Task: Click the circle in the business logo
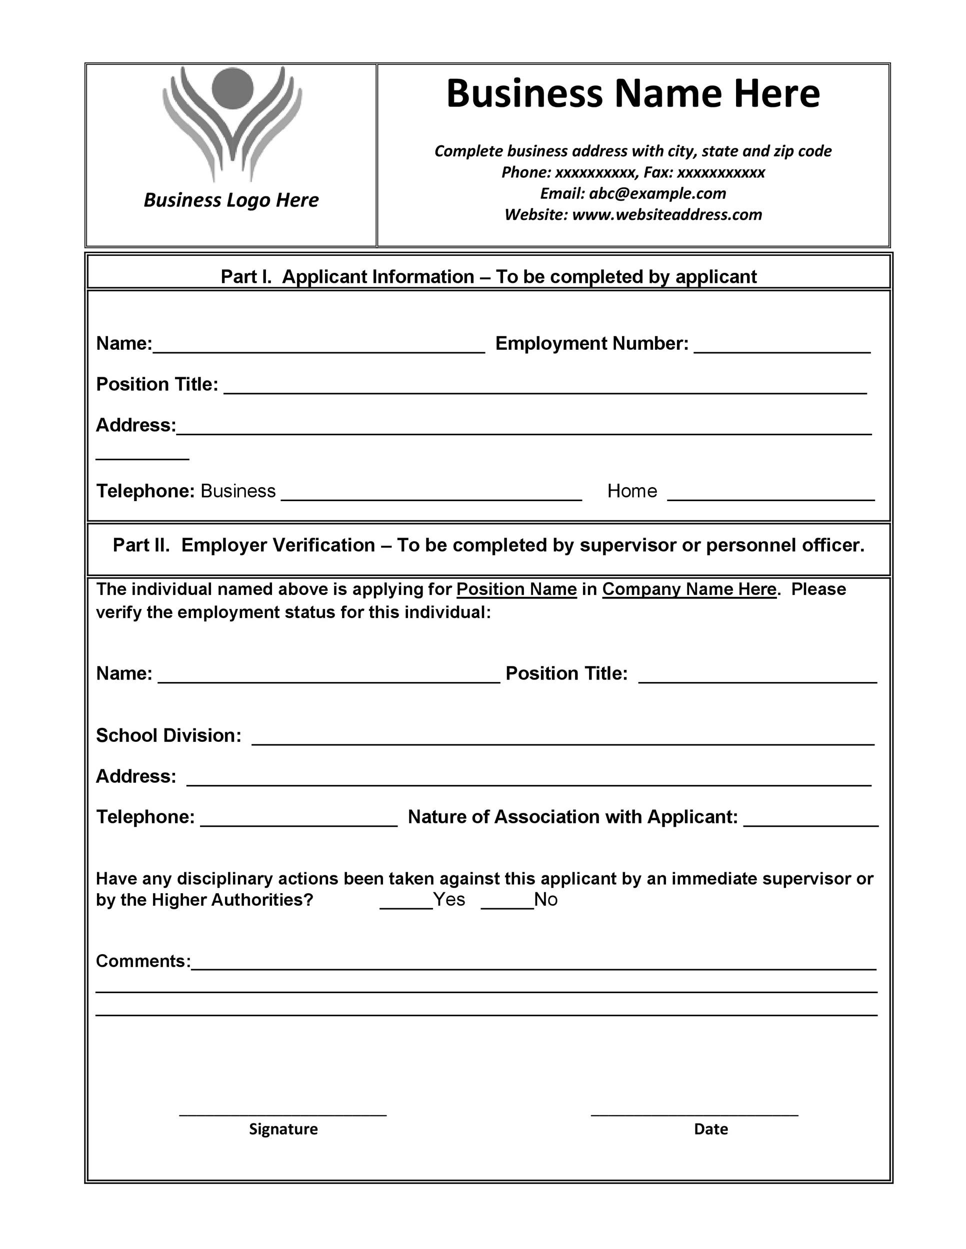coord(232,88)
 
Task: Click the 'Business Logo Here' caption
coord(230,200)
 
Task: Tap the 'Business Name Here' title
coord(632,93)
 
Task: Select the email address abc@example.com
coord(657,193)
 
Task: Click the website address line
coord(633,214)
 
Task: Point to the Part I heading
coord(488,277)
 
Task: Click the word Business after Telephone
coord(237,491)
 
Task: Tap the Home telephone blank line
coord(770,497)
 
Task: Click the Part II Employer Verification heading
coord(488,545)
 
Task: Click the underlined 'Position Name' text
coord(516,589)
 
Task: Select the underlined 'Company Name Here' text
coord(689,589)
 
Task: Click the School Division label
coord(168,735)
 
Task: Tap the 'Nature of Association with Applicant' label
coord(572,817)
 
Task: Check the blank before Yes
coord(405,905)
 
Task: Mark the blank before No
coord(507,905)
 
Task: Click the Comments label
coord(143,961)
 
